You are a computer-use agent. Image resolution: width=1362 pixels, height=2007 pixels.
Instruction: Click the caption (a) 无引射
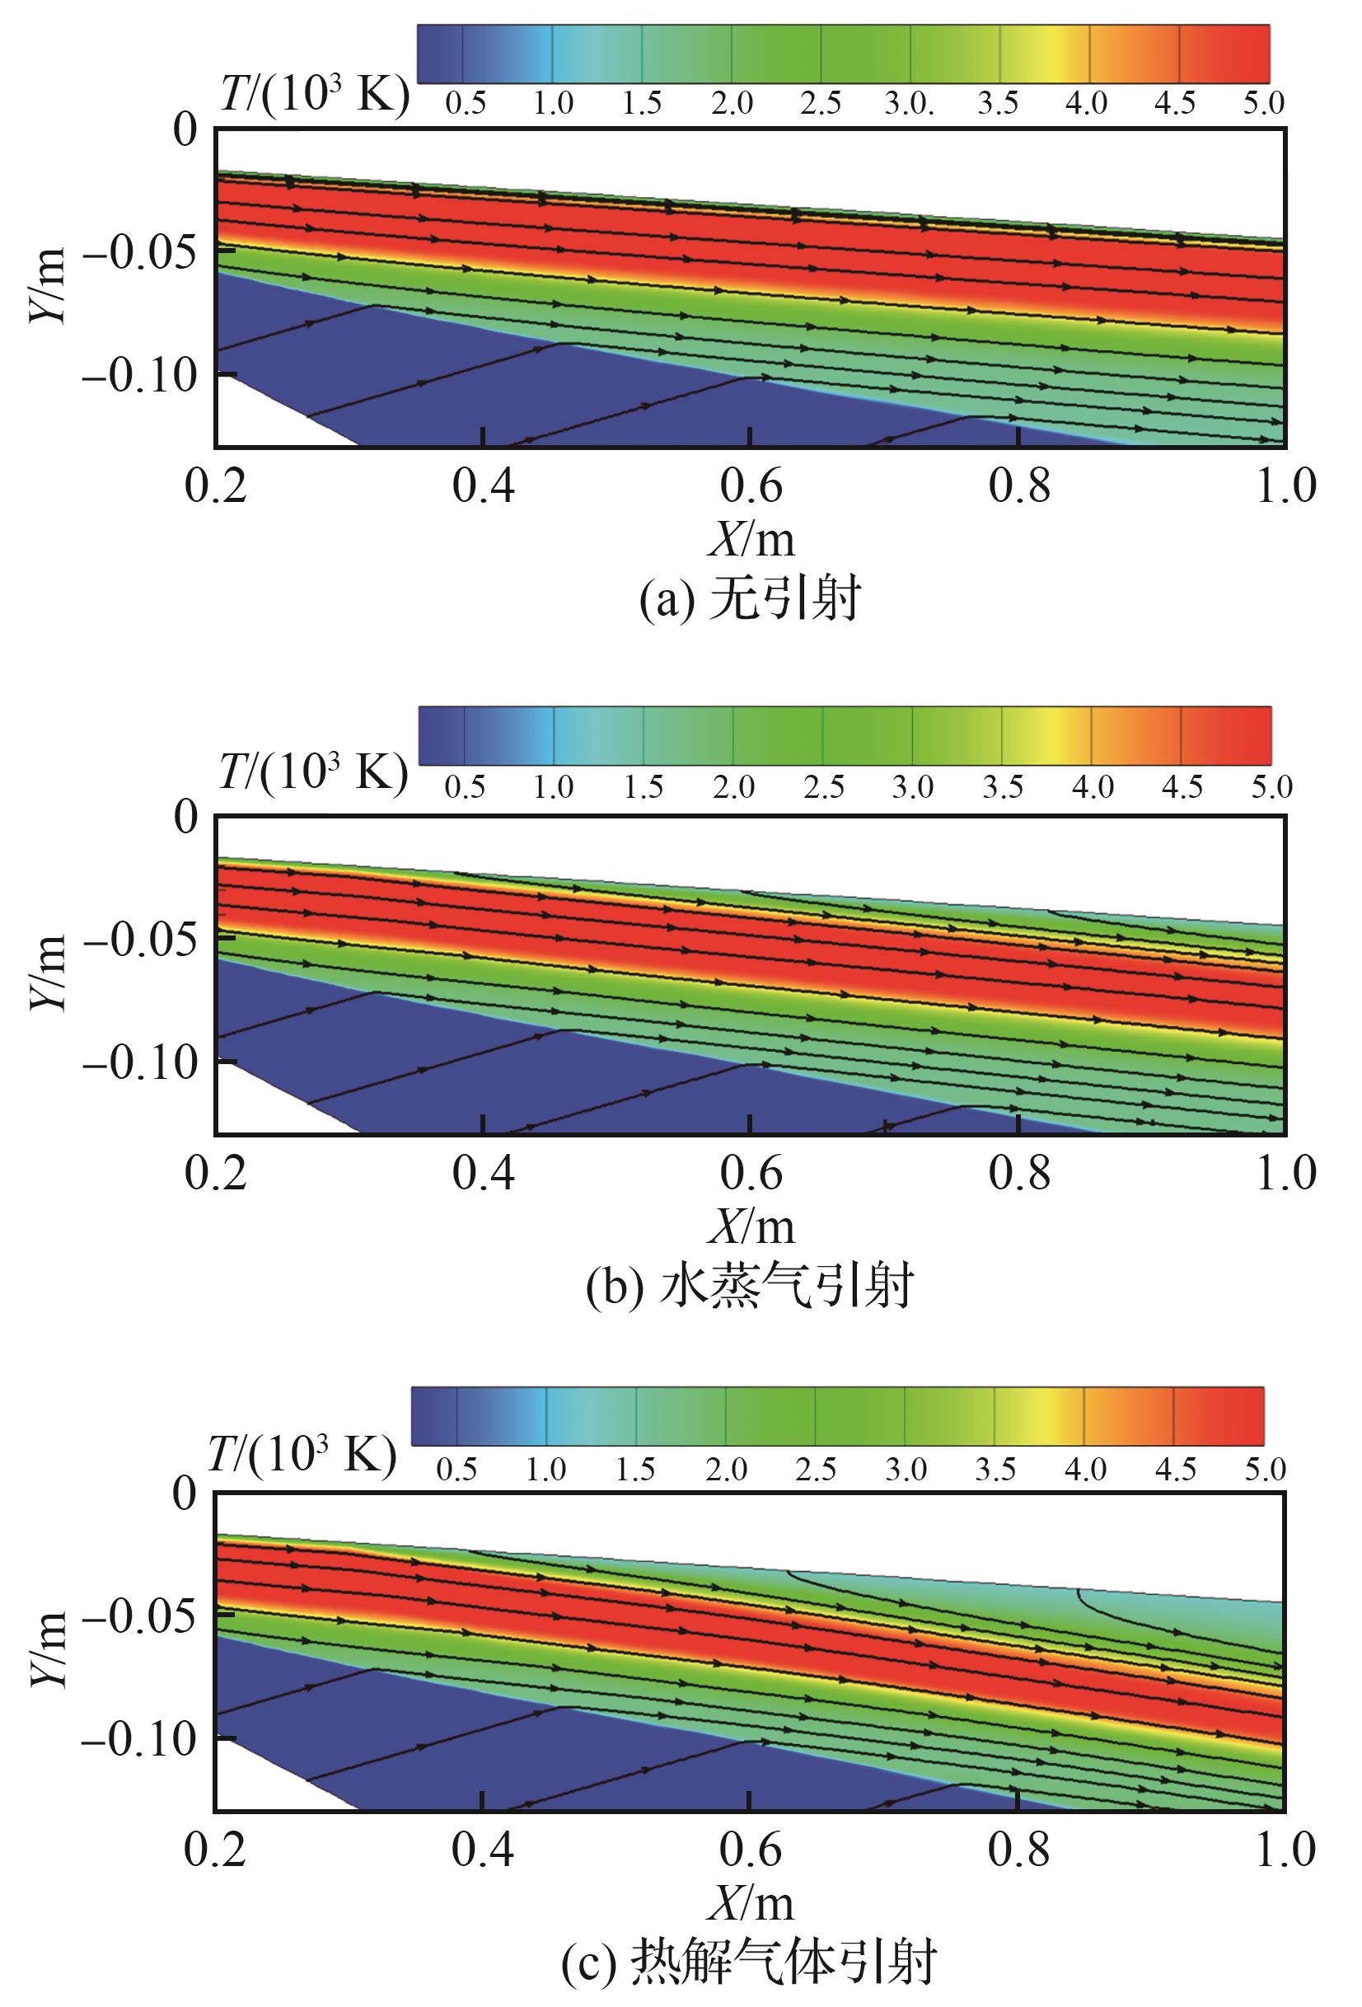click(x=750, y=598)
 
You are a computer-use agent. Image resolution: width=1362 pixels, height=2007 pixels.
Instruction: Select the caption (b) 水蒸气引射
click(x=750, y=1286)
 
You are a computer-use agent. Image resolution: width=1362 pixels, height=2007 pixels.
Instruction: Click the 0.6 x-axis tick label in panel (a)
click(x=751, y=485)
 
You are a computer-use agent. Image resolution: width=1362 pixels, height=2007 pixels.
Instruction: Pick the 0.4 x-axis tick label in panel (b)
click(x=484, y=1173)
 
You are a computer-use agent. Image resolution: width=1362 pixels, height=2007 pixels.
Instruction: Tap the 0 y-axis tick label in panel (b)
click(x=185, y=818)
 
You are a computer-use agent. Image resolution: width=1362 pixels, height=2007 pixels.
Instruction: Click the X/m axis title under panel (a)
click(x=751, y=540)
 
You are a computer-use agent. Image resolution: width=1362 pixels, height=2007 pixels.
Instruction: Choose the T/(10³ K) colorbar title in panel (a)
click(x=314, y=93)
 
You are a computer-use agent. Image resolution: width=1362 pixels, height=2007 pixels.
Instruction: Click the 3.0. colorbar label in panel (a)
click(x=908, y=104)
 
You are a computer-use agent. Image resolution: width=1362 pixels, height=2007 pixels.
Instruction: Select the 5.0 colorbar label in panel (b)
click(x=1271, y=787)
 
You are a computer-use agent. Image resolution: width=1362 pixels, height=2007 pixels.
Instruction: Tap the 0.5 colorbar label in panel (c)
click(x=456, y=1469)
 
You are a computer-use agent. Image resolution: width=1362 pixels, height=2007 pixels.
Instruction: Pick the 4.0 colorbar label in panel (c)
click(x=1085, y=1469)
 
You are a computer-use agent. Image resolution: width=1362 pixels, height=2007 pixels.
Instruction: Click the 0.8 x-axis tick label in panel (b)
click(x=1019, y=1173)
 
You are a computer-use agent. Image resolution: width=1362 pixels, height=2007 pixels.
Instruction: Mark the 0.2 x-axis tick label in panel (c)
click(x=216, y=1849)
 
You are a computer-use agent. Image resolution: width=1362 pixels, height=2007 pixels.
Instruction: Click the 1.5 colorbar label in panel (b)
click(x=643, y=787)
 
